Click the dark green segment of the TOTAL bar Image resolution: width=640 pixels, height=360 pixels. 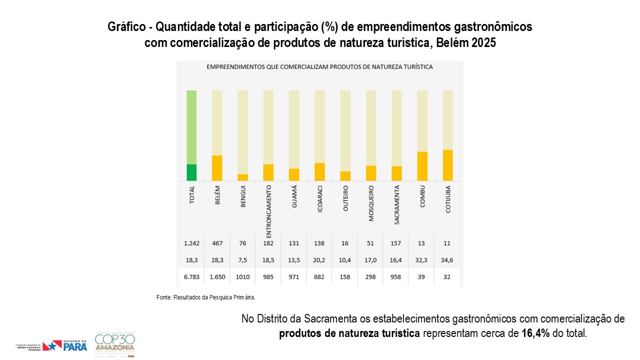pos(191,172)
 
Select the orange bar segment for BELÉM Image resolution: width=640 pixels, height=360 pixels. pos(217,168)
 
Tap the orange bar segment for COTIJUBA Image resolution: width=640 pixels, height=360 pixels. pos(447,165)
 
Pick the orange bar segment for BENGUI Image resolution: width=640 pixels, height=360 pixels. pos(242,177)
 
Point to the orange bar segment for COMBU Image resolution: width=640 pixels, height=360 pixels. pos(422,166)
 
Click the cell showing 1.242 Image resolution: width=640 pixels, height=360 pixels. pos(191,243)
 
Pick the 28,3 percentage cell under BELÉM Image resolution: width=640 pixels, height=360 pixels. pos(217,260)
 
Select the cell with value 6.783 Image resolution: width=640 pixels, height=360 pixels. pos(191,277)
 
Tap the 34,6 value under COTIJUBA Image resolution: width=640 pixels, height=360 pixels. pos(447,260)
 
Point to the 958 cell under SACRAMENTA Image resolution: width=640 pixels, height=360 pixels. pos(396,277)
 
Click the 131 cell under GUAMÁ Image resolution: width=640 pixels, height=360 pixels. pos(294,243)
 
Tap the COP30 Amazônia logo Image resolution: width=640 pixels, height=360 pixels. pos(114,343)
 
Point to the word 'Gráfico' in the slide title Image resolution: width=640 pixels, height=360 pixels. pos(125,27)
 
